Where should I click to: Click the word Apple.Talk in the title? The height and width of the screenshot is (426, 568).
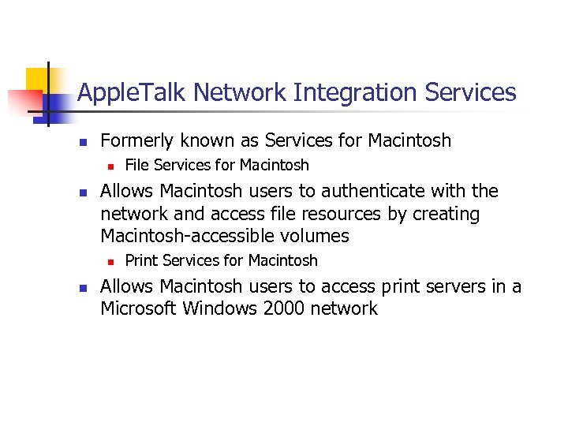pyautogui.click(x=132, y=93)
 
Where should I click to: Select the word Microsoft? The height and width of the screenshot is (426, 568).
pyautogui.click(x=138, y=308)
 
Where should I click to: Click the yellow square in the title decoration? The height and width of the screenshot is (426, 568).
pyautogui.click(x=38, y=79)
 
